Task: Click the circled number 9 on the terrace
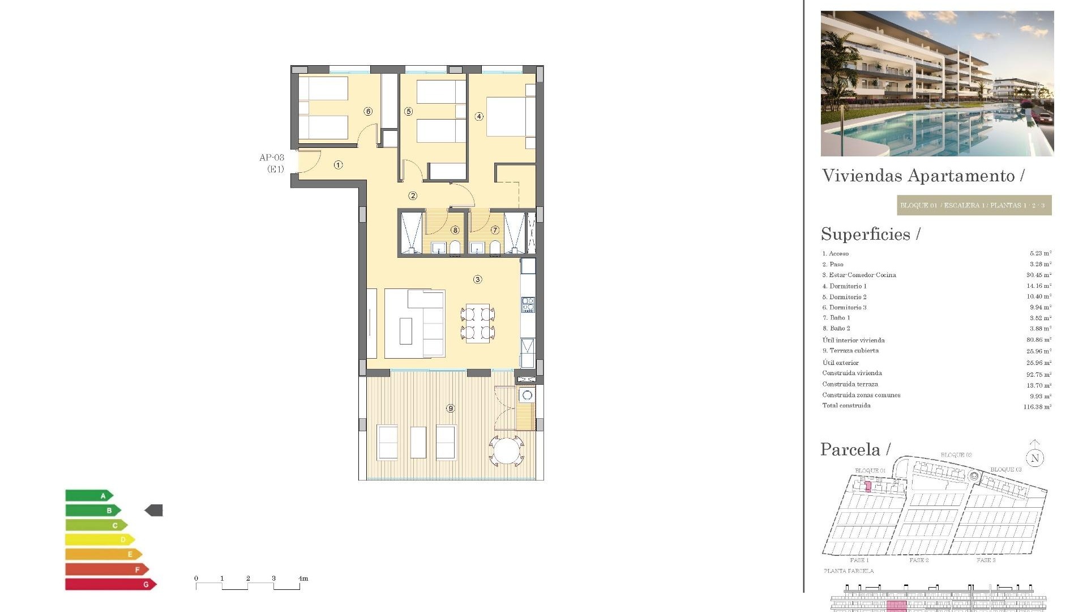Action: [x=450, y=408]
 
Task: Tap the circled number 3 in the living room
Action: [x=478, y=279]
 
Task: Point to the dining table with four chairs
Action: [x=478, y=324]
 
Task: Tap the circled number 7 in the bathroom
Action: [x=495, y=230]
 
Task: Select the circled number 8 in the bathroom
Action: [x=455, y=230]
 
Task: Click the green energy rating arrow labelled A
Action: [x=89, y=496]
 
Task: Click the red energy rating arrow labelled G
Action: [x=110, y=584]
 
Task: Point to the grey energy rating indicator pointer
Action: [x=154, y=511]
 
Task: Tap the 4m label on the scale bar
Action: [x=303, y=579]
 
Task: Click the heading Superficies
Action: [x=866, y=234]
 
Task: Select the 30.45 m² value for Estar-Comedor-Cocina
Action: [x=1039, y=275]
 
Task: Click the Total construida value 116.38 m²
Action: [x=1037, y=407]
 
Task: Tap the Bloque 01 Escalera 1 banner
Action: [x=974, y=205]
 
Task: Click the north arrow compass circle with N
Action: [x=1035, y=458]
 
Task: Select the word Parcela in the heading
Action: [x=850, y=449]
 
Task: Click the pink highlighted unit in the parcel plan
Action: [x=868, y=486]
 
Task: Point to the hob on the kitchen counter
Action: [x=528, y=304]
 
